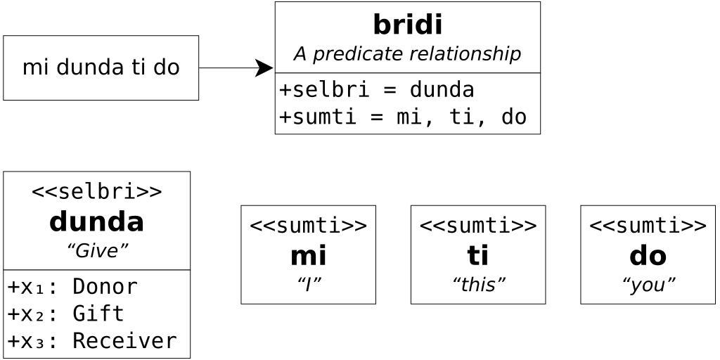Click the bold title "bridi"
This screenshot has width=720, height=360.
coord(407,25)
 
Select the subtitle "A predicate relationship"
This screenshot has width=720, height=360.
coord(407,54)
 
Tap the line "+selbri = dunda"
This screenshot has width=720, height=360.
coord(376,90)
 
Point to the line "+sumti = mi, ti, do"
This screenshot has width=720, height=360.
coord(402,117)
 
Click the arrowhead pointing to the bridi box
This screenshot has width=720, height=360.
coord(264,68)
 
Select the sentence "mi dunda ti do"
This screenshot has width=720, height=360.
coord(101,67)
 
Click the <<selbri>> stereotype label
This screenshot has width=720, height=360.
coord(97,191)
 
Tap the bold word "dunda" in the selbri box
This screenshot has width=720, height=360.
coord(97,222)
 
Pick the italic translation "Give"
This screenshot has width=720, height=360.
coord(97,251)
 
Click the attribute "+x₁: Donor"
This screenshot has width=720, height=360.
coord(72,287)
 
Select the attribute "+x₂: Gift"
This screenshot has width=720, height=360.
coord(65,314)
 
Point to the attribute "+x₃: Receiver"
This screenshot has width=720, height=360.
coord(92,341)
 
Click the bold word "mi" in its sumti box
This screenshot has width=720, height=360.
coord(308,256)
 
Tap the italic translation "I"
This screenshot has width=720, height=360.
coord(308,284)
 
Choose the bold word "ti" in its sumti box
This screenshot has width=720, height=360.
coord(478,256)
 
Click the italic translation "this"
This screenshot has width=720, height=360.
coord(478,284)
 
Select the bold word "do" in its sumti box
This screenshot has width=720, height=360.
coord(648,256)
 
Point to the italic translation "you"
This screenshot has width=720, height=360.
coord(648,284)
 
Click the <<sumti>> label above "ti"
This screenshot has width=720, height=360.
coord(478,226)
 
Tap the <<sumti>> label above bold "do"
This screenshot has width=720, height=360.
coord(648,226)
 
